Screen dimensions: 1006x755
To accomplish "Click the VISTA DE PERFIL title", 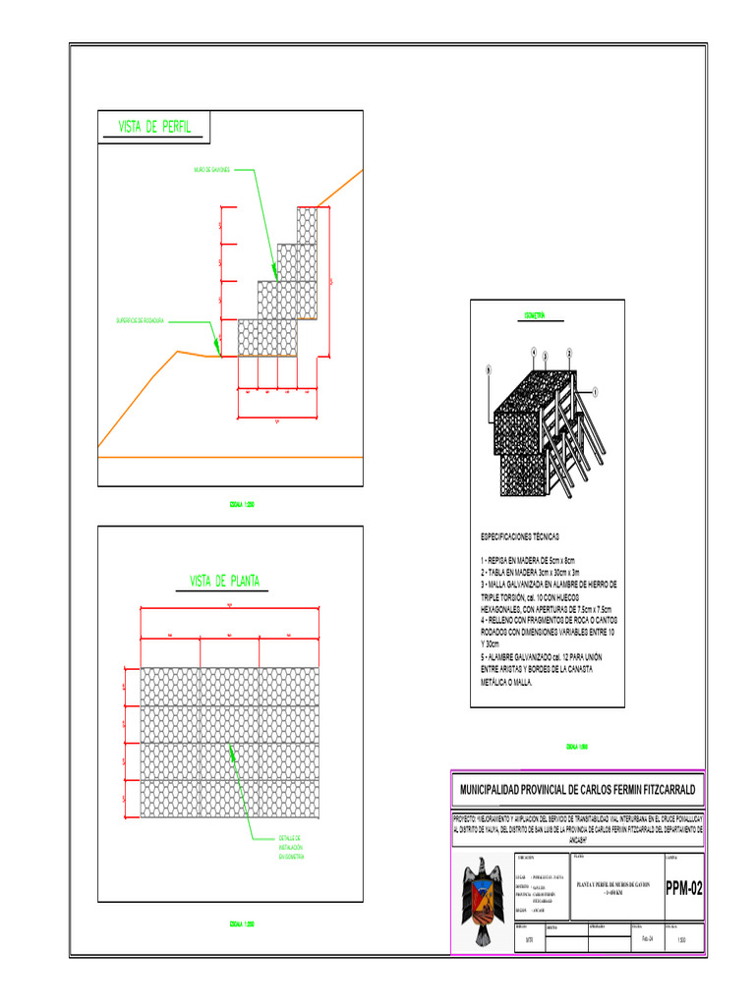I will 154,127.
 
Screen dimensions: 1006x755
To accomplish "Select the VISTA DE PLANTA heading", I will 225,580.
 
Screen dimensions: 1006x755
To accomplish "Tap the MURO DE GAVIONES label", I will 212,170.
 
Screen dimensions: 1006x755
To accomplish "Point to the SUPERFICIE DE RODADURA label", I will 140,320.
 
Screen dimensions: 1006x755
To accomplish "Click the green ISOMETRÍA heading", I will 535,315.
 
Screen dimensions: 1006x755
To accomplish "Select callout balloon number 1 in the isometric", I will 596,390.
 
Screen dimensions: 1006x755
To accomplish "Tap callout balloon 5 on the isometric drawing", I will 487,370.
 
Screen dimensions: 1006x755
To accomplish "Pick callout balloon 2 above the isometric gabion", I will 569,352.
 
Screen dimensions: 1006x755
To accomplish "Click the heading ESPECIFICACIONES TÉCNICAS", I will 519,537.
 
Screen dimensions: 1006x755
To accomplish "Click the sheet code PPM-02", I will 684,890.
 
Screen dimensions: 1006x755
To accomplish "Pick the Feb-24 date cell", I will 647,939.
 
